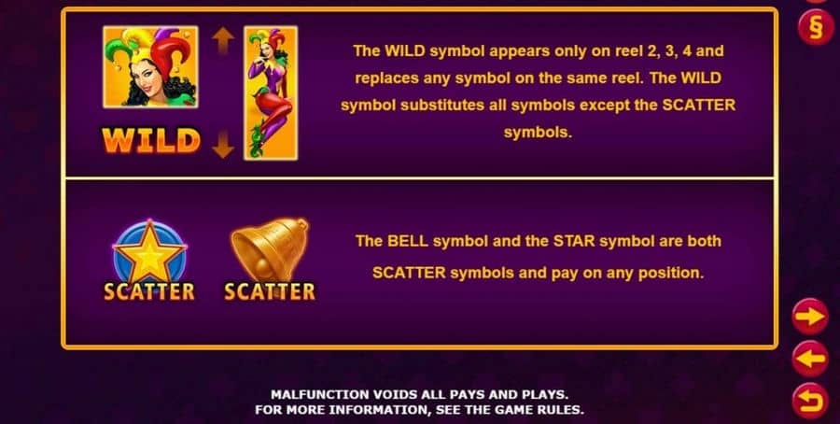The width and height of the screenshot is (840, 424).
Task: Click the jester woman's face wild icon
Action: (x=150, y=67)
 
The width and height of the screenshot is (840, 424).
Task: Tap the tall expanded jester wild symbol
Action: (x=271, y=92)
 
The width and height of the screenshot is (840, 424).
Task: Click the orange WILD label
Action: (x=151, y=141)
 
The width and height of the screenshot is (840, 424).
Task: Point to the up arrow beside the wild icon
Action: (x=223, y=41)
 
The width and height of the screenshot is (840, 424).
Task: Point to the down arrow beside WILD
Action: (x=223, y=144)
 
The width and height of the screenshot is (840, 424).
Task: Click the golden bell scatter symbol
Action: (x=270, y=249)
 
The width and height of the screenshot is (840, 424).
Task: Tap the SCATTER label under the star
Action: (x=149, y=291)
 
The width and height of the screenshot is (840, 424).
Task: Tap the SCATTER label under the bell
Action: (x=270, y=291)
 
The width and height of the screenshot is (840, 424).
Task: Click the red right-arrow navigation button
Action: (x=810, y=317)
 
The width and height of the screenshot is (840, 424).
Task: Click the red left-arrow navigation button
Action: (x=810, y=359)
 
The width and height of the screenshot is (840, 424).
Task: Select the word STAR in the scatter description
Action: (x=574, y=241)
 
